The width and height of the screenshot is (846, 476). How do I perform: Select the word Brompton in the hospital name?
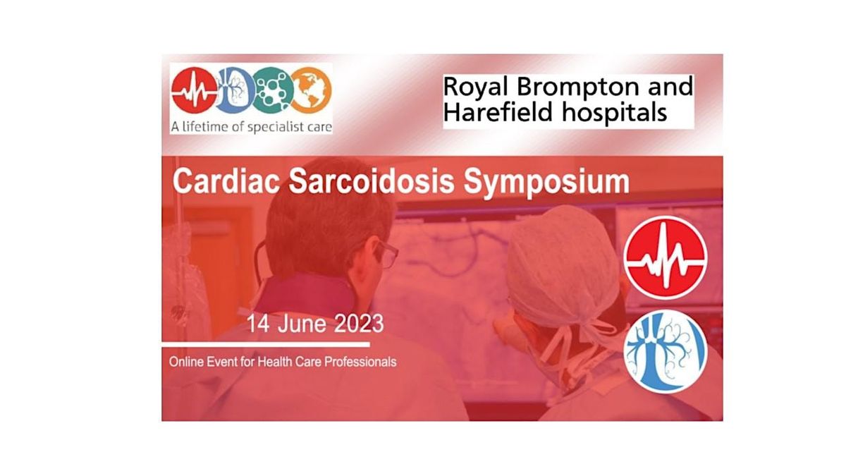570,87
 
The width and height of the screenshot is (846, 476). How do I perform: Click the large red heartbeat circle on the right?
666,257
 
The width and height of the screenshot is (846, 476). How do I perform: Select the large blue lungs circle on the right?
666,350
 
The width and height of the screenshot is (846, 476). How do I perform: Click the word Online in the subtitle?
186,362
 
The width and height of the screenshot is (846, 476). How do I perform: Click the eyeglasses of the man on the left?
386,252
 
